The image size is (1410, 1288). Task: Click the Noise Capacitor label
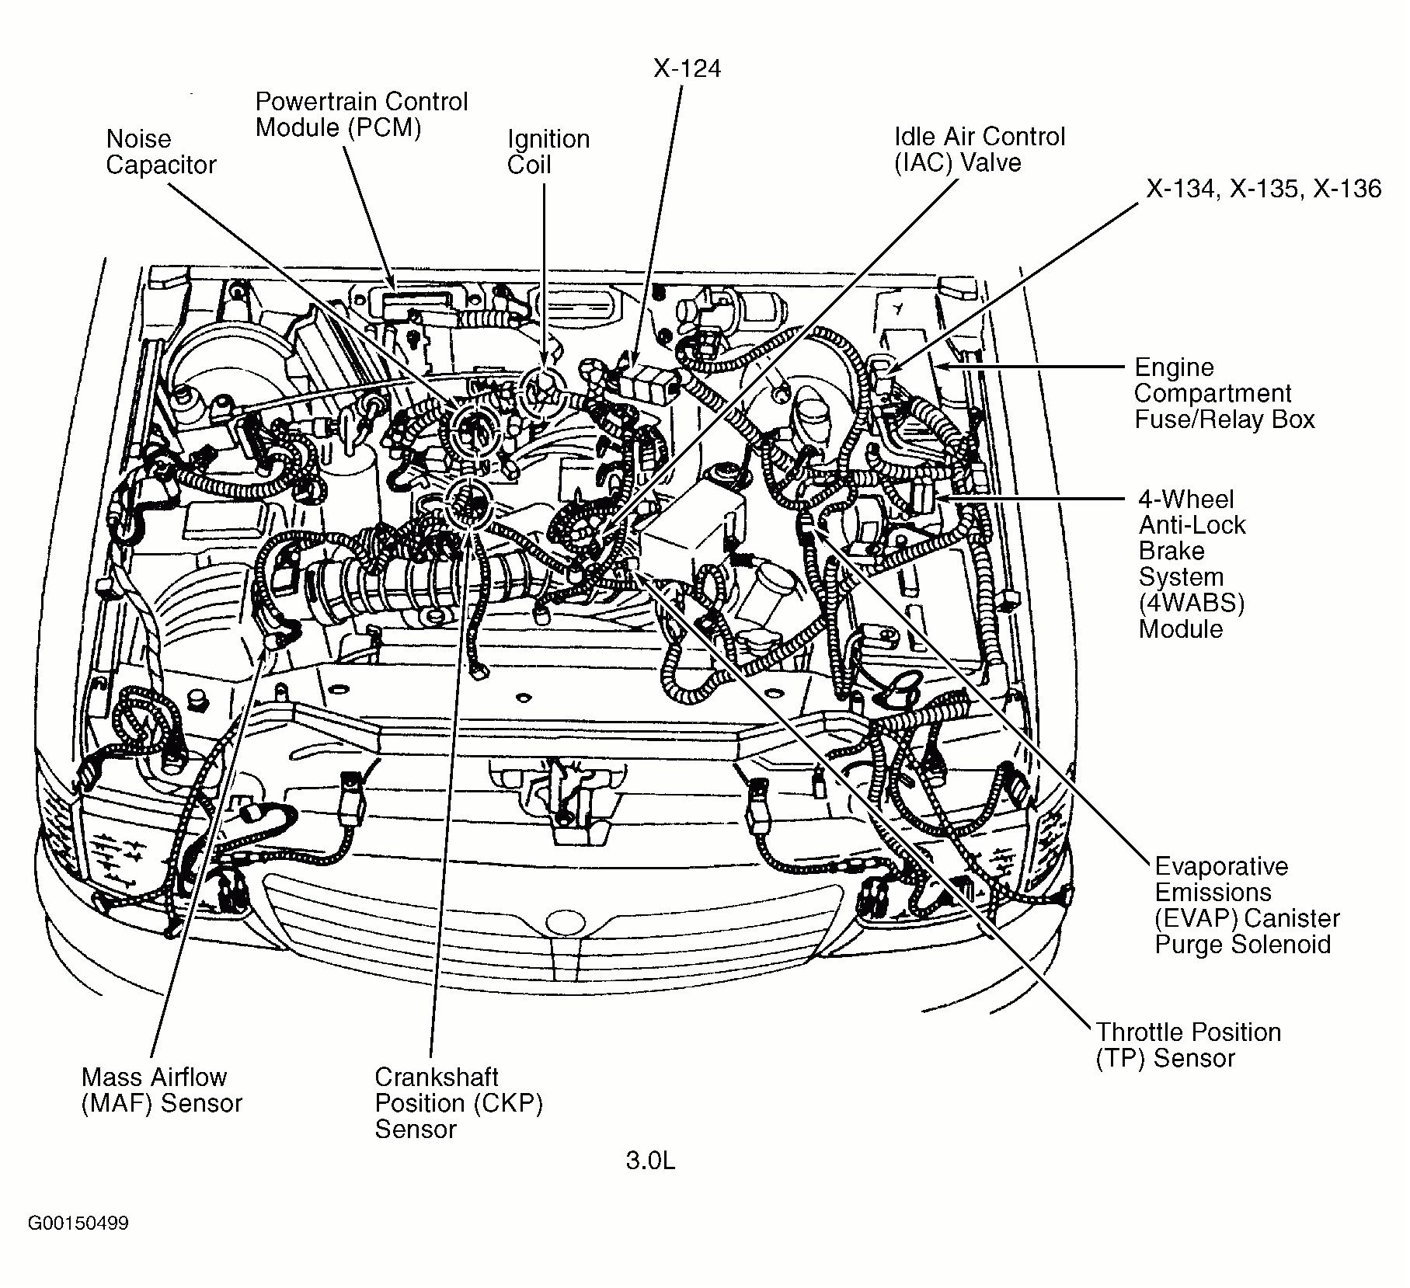tap(160, 152)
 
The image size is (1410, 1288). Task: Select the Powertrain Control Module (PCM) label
tap(361, 114)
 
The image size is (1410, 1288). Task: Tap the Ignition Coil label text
tap(548, 152)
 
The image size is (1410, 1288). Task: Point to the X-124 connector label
tap(687, 68)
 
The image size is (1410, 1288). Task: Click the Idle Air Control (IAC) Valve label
tap(979, 149)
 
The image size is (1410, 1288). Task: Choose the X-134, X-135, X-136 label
tap(1263, 189)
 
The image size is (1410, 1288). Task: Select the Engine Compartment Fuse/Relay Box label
tap(1224, 393)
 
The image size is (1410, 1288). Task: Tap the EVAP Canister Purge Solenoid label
tap(1246, 905)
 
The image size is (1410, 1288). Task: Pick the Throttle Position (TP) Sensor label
tap(1187, 1045)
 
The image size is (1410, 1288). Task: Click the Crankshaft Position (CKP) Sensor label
tap(458, 1102)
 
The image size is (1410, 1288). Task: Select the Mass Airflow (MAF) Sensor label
tap(162, 1090)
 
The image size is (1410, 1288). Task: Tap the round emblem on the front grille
tap(565, 922)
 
